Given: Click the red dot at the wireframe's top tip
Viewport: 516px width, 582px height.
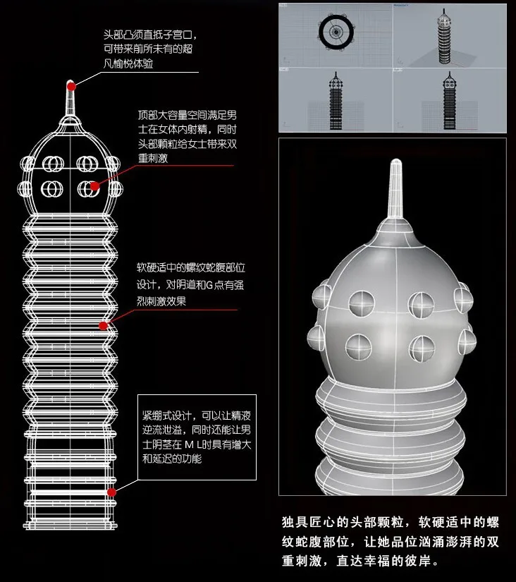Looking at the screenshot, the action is point(71,87).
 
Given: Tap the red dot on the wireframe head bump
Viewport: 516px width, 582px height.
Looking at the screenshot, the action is point(94,186).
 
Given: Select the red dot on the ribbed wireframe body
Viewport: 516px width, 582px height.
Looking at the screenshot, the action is point(103,326).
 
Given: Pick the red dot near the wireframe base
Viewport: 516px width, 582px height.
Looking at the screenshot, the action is point(111,492).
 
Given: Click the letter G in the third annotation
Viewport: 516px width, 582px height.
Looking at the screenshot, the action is point(209,285).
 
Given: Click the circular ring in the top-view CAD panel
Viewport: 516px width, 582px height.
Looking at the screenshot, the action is point(336,32).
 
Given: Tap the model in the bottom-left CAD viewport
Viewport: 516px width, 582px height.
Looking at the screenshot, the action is point(336,101).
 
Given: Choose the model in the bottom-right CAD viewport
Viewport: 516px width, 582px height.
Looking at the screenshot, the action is point(449,101).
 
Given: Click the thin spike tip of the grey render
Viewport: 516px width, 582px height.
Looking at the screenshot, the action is point(396,162).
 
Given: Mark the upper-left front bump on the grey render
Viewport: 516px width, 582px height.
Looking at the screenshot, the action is point(362,303).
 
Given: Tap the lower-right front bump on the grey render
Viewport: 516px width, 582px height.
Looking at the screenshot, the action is point(422,348).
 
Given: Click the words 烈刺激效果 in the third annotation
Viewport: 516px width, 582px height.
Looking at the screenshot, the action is point(161,301).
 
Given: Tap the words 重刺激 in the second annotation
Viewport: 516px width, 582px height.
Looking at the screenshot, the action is point(153,158).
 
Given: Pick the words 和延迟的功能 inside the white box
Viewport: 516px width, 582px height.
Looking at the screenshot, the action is point(172,459).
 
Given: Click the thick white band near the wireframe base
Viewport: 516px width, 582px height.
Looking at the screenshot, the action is point(70,492).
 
